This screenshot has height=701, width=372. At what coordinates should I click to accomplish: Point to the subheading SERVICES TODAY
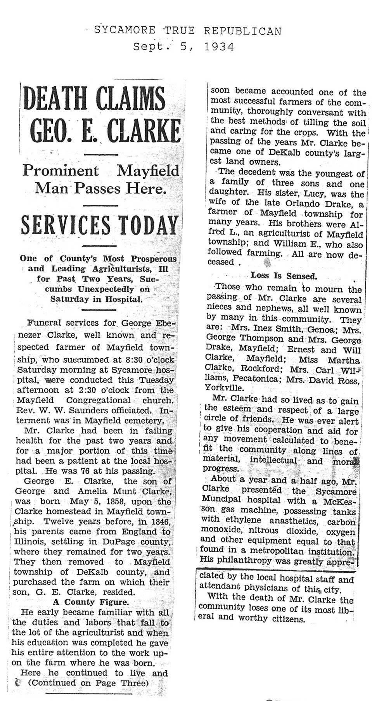(99, 224)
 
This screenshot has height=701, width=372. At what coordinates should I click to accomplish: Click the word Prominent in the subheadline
(61, 171)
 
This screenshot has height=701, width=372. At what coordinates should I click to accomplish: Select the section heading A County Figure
(90, 602)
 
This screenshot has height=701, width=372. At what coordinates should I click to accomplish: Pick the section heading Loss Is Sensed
(284, 276)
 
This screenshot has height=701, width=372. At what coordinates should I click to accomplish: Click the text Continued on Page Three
(88, 683)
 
